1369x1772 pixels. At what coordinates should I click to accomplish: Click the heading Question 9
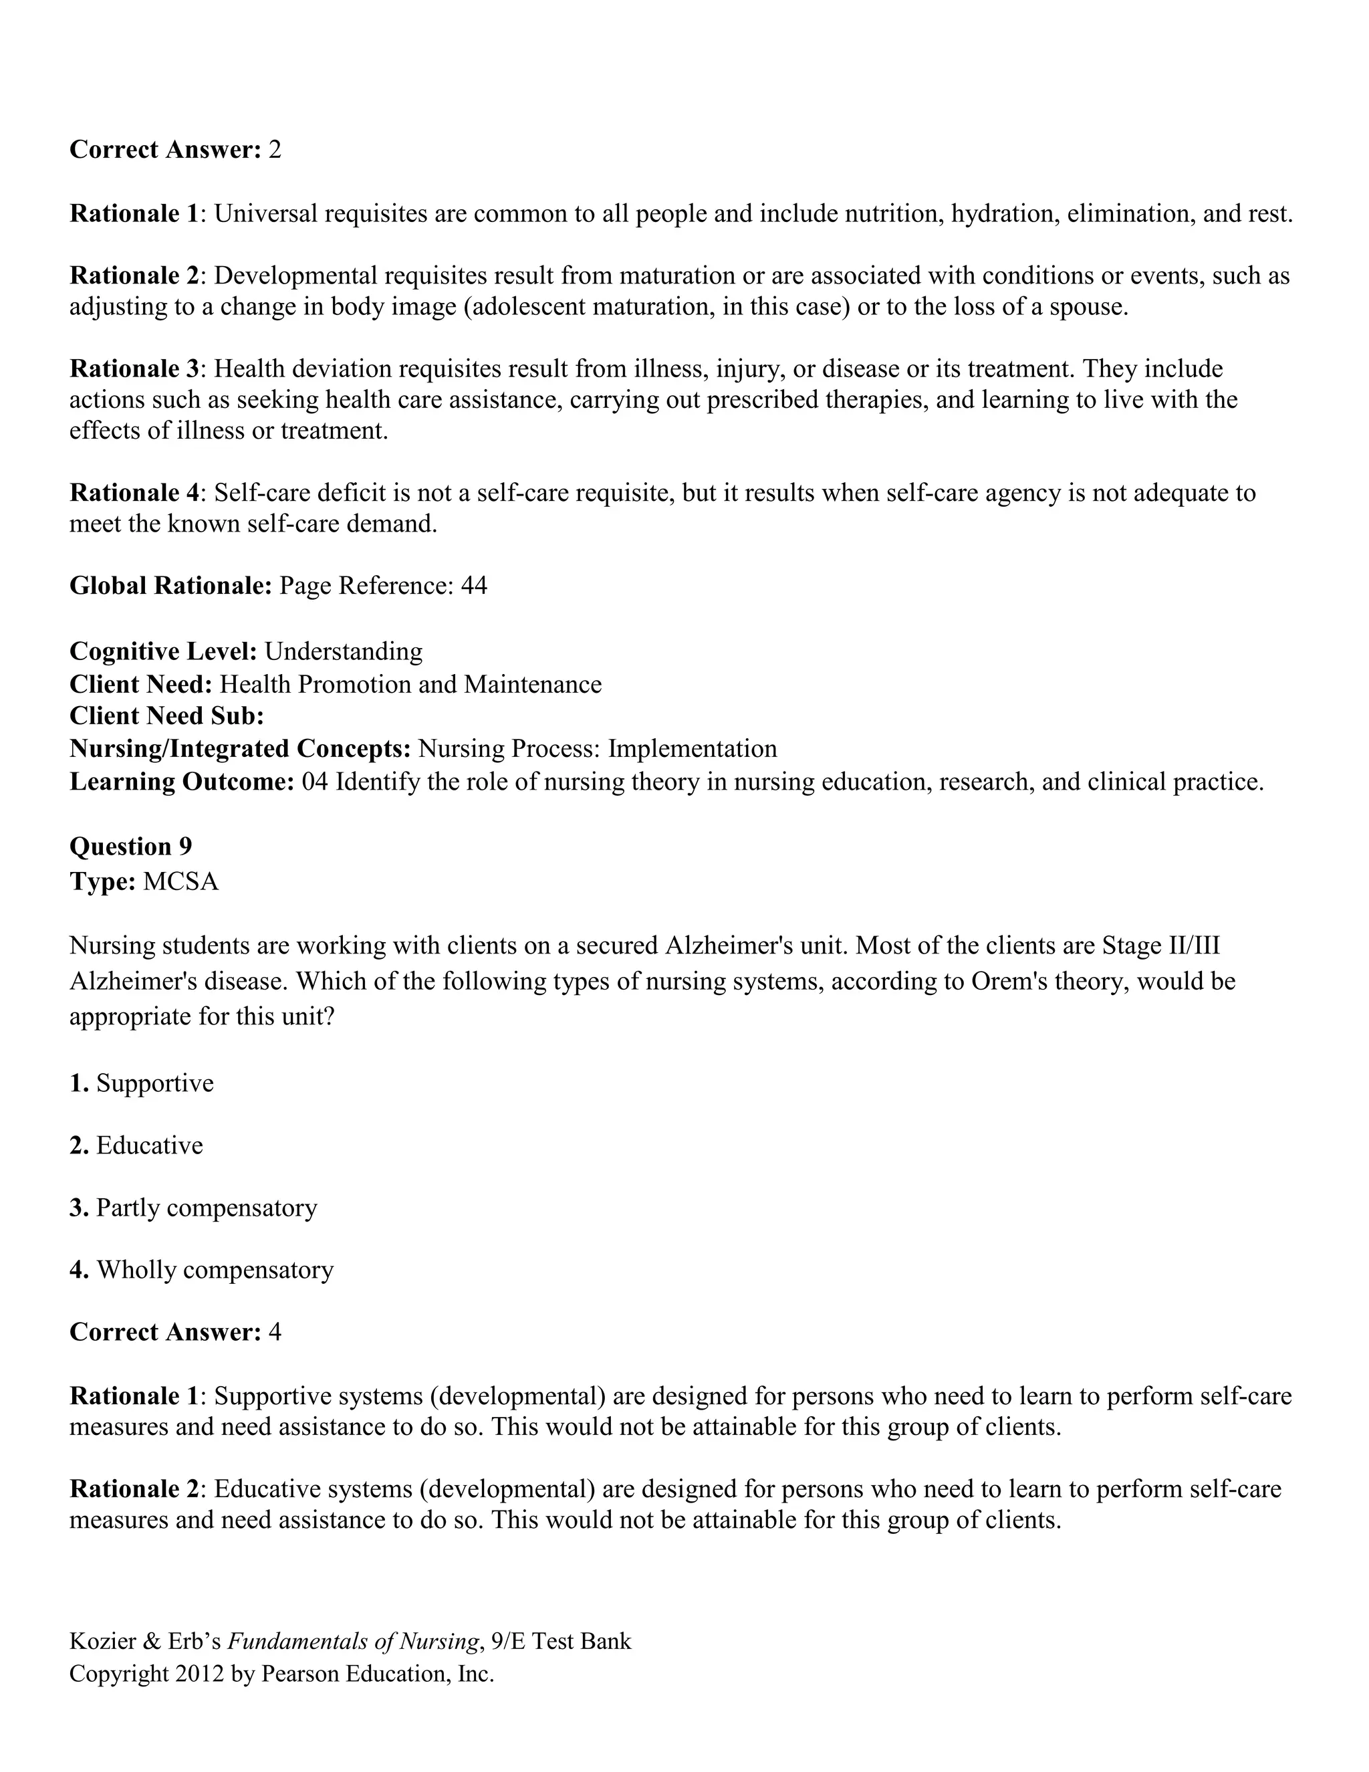coord(130,847)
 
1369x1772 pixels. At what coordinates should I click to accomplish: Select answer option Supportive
coord(154,1083)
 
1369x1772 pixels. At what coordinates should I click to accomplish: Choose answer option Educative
coord(149,1145)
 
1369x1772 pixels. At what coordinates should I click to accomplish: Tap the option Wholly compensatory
coord(215,1270)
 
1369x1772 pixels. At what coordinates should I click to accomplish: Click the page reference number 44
coord(474,585)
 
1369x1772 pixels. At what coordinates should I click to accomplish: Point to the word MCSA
coord(180,881)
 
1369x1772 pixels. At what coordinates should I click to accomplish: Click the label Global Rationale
coord(170,585)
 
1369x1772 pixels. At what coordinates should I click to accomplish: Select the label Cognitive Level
coord(163,651)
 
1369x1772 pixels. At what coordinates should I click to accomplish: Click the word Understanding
coord(343,651)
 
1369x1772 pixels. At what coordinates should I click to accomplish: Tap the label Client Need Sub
coord(166,715)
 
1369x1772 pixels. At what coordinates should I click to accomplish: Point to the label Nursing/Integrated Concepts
coord(240,748)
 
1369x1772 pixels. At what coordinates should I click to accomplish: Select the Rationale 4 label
coord(134,493)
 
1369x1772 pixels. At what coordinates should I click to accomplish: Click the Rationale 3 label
coord(134,368)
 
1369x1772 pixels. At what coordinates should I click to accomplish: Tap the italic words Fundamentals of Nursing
coord(352,1642)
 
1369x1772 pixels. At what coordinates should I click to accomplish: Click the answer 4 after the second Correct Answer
coord(274,1332)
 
